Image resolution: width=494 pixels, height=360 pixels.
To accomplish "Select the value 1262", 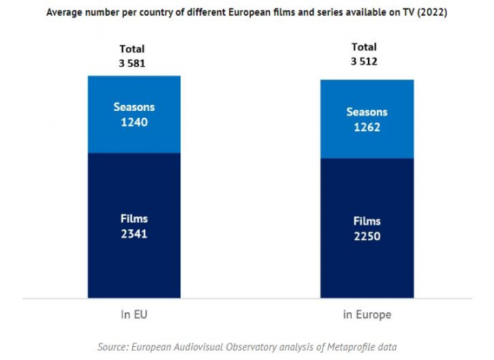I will (x=366, y=127).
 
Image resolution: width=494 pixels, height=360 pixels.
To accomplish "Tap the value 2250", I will (x=366, y=236).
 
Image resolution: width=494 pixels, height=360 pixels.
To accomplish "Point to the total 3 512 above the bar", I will (x=364, y=62).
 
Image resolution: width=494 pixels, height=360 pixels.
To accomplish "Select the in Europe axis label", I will (x=366, y=313).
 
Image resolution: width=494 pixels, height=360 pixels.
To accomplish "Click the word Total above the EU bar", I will (x=131, y=49).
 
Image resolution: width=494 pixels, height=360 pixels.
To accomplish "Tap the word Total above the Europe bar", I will (x=364, y=47).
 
